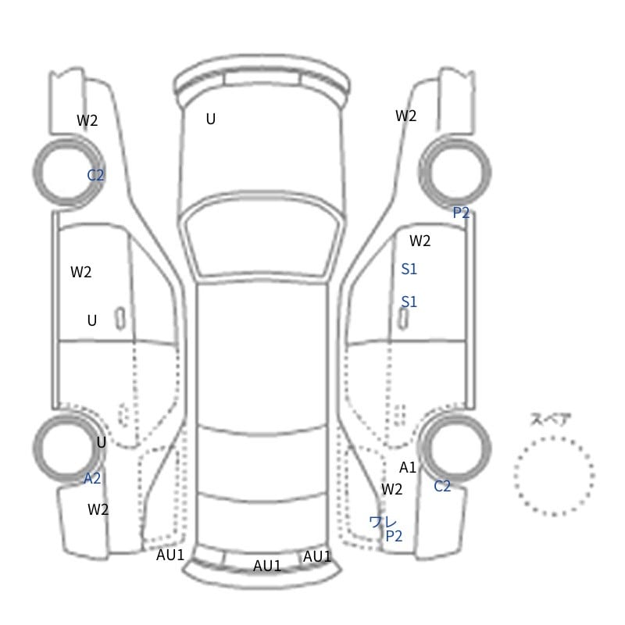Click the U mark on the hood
211,119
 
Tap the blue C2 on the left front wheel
95,174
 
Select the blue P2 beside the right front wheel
461,212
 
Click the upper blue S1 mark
409,269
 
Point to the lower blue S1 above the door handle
409,302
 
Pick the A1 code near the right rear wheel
408,467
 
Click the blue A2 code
92,478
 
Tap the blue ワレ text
383,522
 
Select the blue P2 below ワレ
394,536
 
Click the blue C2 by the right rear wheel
442,486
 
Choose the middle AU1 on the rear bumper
267,566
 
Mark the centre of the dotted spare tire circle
554,476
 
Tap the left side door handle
120,319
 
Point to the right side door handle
403,319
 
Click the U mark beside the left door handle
92,320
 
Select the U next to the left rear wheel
102,442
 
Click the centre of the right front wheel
455,171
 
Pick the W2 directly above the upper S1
420,241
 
